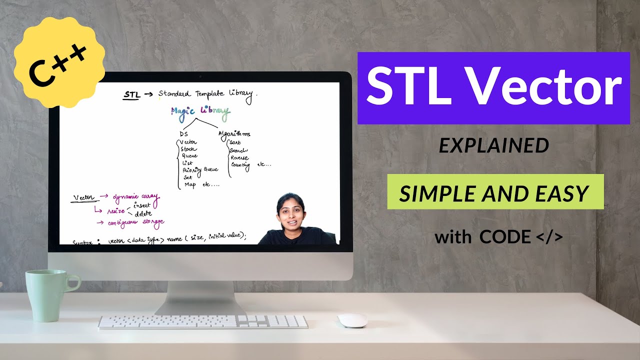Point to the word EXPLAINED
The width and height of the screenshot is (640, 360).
pos(493,146)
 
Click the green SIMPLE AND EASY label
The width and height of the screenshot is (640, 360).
pos(495,192)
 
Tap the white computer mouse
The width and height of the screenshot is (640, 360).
pos(352,320)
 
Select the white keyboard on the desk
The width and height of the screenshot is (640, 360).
pos(203,321)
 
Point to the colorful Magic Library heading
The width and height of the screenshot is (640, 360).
pos(200,112)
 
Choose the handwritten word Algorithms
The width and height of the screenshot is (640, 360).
pos(234,133)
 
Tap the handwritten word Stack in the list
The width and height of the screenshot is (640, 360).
pos(188,149)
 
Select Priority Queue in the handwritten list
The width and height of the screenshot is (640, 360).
pos(200,170)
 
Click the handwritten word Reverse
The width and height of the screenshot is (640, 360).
pos(239,157)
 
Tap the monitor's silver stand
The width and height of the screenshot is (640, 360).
pos(200,297)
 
